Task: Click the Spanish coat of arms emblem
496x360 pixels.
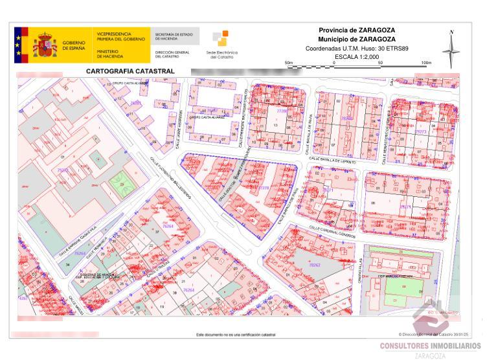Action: (x=45, y=45)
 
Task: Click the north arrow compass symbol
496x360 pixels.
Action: (x=451, y=48)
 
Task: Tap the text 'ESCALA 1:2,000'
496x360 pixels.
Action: (x=356, y=57)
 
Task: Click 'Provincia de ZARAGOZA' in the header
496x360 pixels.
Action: (x=357, y=30)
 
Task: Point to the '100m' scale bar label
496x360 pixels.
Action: (x=426, y=63)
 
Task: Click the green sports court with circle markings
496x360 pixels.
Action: (x=119, y=183)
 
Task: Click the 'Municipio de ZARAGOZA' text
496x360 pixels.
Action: (x=357, y=39)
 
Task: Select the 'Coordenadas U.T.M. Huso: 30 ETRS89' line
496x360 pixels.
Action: (x=357, y=48)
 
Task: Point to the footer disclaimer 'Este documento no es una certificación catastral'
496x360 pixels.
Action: (x=235, y=335)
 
